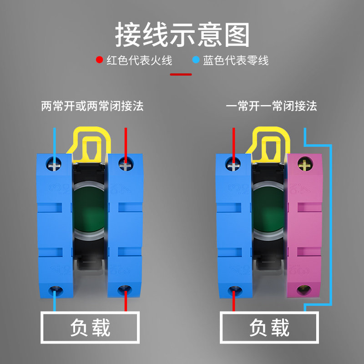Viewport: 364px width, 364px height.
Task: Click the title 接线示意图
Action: click(x=182, y=35)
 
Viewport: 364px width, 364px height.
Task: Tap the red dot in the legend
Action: click(x=99, y=60)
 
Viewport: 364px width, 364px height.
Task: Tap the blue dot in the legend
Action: click(x=196, y=60)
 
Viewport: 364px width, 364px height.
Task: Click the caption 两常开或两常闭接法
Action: click(x=92, y=106)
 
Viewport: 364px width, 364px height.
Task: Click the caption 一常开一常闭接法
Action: click(x=271, y=106)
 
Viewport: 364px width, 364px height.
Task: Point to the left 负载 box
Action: click(x=90, y=327)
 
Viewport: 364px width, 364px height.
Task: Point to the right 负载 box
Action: click(x=269, y=327)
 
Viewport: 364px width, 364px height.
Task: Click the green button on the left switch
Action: click(x=89, y=207)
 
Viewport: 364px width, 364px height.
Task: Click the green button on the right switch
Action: click(x=268, y=207)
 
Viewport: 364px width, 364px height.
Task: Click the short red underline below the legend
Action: click(x=181, y=74)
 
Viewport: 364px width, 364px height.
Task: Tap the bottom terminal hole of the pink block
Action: click(x=303, y=289)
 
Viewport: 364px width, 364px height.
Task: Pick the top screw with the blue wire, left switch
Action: click(x=56, y=163)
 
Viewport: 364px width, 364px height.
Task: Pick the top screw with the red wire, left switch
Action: click(x=125, y=164)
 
